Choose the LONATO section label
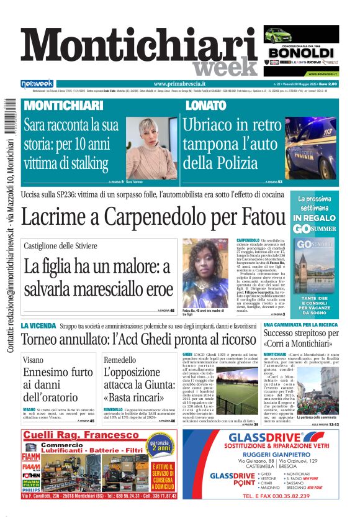[205, 106]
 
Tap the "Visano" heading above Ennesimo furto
[34, 360]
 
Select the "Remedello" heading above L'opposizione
[120, 360]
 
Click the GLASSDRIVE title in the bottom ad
[259, 439]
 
